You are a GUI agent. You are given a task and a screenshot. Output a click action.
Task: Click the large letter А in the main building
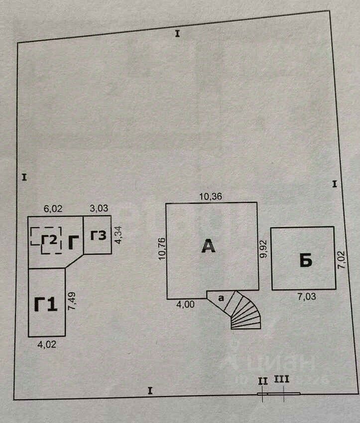pyautogui.click(x=208, y=246)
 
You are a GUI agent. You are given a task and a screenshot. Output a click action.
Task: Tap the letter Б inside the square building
pyautogui.click(x=306, y=261)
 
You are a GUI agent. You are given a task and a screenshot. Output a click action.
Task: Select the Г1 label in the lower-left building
pyautogui.click(x=46, y=304)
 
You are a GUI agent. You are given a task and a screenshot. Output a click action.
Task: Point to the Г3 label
pyautogui.click(x=98, y=236)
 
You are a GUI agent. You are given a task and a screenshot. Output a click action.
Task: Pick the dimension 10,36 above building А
pyautogui.click(x=211, y=196)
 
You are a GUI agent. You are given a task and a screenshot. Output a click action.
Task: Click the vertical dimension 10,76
pyautogui.click(x=162, y=249)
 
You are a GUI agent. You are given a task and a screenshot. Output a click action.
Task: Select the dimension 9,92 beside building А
pyautogui.click(x=263, y=249)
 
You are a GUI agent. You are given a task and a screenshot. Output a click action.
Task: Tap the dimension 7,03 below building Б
pyautogui.click(x=306, y=297)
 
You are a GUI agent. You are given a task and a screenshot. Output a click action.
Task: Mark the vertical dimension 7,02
pyautogui.click(x=341, y=259)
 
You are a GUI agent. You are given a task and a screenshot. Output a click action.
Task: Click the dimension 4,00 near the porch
pyautogui.click(x=185, y=304)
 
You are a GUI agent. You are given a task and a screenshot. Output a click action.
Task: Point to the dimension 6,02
pyautogui.click(x=53, y=209)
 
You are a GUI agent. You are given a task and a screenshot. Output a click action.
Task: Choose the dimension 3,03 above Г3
pyautogui.click(x=99, y=208)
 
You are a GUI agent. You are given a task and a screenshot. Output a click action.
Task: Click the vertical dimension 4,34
pyautogui.click(x=119, y=235)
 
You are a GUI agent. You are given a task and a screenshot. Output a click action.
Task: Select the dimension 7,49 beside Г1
pyautogui.click(x=72, y=301)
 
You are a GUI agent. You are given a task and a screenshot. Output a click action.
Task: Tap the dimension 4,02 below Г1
pyautogui.click(x=47, y=344)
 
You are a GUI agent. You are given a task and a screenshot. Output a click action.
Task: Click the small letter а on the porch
pyautogui.click(x=221, y=298)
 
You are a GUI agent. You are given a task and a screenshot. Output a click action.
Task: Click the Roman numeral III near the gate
pyautogui.click(x=281, y=379)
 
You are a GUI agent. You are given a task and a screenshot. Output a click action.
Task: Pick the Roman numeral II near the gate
pyautogui.click(x=263, y=381)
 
